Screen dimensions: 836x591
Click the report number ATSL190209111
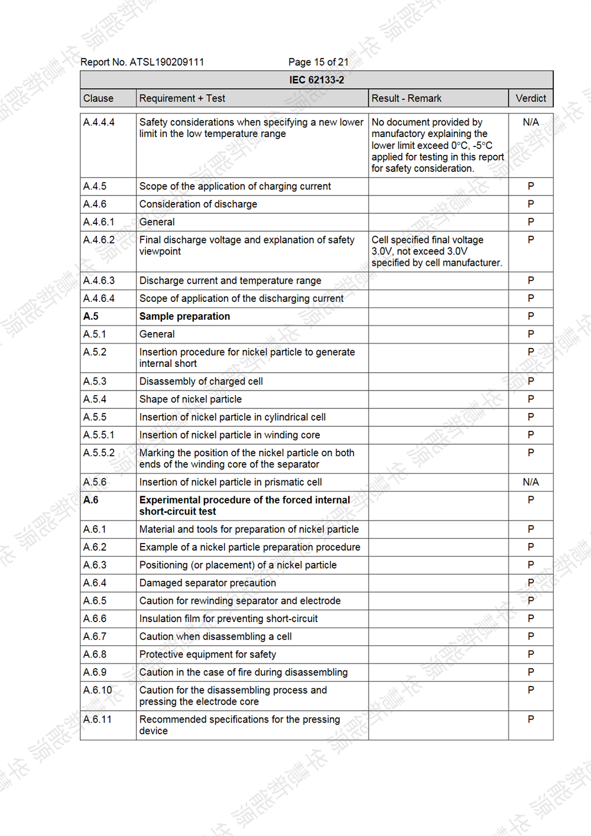[167, 62]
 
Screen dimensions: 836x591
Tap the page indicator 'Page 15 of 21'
[318, 62]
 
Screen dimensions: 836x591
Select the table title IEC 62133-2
[316, 80]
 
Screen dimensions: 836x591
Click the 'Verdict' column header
[531, 98]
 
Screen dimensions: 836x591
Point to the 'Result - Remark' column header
[406, 98]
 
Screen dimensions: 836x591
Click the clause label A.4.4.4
[99, 122]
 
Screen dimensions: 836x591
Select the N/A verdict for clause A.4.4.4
[531, 122]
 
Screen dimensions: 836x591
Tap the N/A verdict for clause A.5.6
[531, 482]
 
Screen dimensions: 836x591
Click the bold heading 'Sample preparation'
[184, 316]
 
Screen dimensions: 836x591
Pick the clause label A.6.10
[98, 690]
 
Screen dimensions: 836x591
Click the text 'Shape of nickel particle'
[190, 399]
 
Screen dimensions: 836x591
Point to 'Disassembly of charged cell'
[201, 382]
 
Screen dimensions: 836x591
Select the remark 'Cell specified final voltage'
[427, 240]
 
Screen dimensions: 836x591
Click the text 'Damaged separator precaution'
[207, 583]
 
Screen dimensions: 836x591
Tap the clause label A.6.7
[95, 636]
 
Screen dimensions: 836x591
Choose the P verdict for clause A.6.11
[531, 720]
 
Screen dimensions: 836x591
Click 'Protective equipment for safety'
[207, 655]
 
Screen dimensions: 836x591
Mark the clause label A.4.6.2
[99, 240]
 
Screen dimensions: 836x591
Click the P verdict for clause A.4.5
[531, 186]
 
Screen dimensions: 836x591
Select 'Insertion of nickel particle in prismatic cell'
[230, 482]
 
